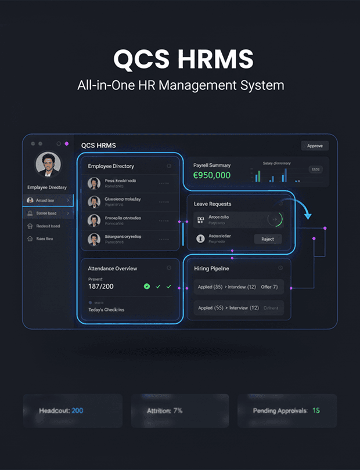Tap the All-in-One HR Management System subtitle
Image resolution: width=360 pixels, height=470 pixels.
[x=180, y=85]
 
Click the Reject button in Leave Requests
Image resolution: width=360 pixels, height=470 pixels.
[x=268, y=239]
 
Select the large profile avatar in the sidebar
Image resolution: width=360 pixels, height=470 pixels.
[x=47, y=164]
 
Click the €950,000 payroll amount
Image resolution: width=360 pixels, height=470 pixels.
[x=211, y=175]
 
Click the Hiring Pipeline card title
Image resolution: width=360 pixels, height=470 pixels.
[x=211, y=269]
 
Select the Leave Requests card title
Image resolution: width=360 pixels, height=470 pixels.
[x=213, y=204]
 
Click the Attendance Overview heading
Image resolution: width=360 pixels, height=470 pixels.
[x=113, y=269]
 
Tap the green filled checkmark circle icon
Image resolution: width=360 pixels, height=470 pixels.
[x=146, y=287]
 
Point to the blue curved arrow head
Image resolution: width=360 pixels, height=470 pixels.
[x=308, y=216]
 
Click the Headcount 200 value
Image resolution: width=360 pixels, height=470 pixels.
[x=77, y=411]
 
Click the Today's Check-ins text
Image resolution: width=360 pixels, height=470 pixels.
[x=106, y=309]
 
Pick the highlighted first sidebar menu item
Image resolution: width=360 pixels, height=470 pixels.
[x=48, y=200]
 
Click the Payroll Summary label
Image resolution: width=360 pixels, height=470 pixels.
[x=211, y=165]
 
